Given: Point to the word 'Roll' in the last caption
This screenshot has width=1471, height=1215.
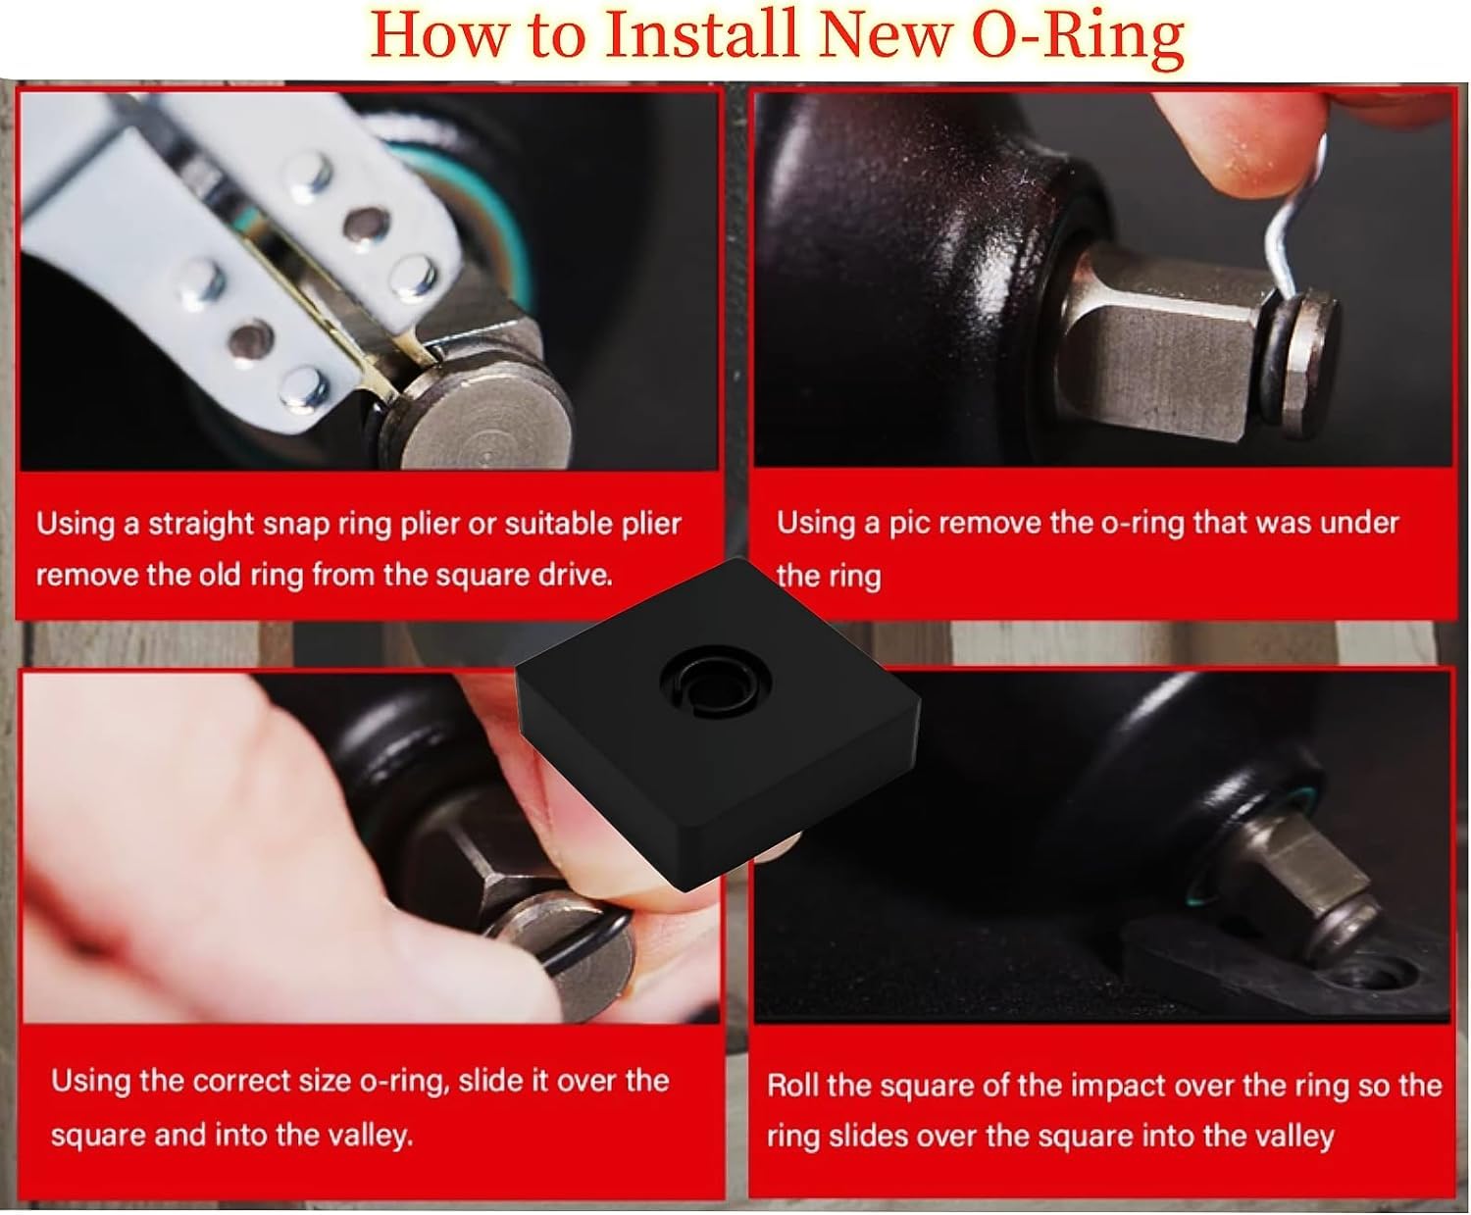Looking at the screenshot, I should (791, 1086).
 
